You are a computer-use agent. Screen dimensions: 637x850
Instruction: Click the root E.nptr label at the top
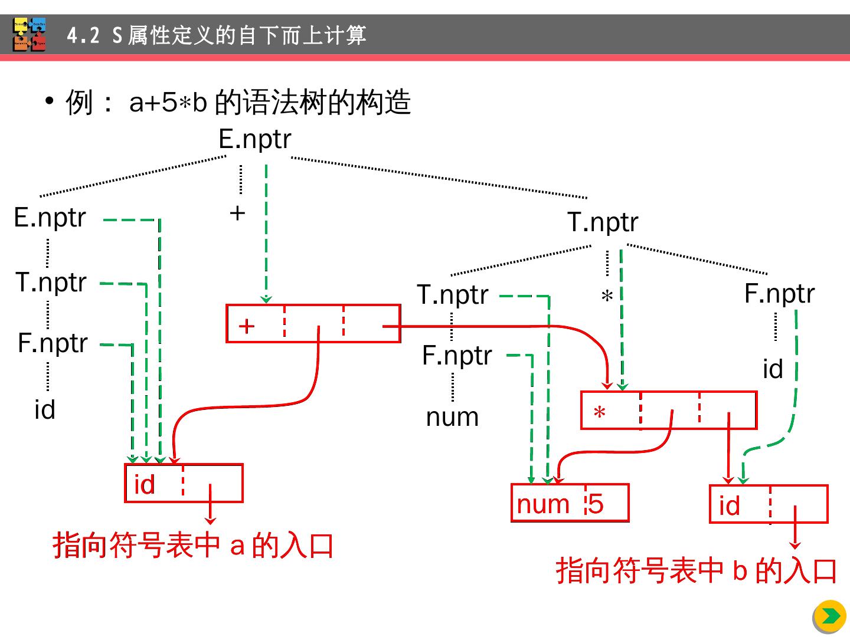(x=255, y=140)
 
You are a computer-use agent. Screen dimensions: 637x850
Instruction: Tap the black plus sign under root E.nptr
(x=237, y=213)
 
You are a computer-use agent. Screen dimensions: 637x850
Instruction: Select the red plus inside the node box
(x=247, y=326)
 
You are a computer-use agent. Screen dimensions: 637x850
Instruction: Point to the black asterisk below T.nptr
(x=607, y=297)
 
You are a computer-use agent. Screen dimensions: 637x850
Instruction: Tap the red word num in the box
(x=543, y=504)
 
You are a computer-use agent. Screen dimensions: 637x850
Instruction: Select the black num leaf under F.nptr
(x=452, y=418)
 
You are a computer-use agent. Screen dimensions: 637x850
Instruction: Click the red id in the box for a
(x=145, y=485)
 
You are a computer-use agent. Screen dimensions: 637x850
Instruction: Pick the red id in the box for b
(x=730, y=506)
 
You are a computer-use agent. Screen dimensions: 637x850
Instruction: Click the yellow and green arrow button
(x=830, y=616)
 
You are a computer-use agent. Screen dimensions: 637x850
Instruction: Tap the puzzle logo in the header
(x=30, y=35)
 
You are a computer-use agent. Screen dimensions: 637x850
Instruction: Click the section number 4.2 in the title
(x=83, y=36)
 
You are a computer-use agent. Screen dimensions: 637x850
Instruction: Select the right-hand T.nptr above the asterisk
(x=603, y=223)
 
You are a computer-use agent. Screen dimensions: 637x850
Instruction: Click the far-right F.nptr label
(x=779, y=294)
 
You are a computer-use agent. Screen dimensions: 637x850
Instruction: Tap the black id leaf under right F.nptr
(x=773, y=370)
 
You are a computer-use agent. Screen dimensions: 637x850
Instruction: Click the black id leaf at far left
(x=45, y=410)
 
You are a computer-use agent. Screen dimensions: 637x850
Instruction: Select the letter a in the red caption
(x=237, y=546)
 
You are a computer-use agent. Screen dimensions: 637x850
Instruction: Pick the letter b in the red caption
(x=740, y=571)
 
